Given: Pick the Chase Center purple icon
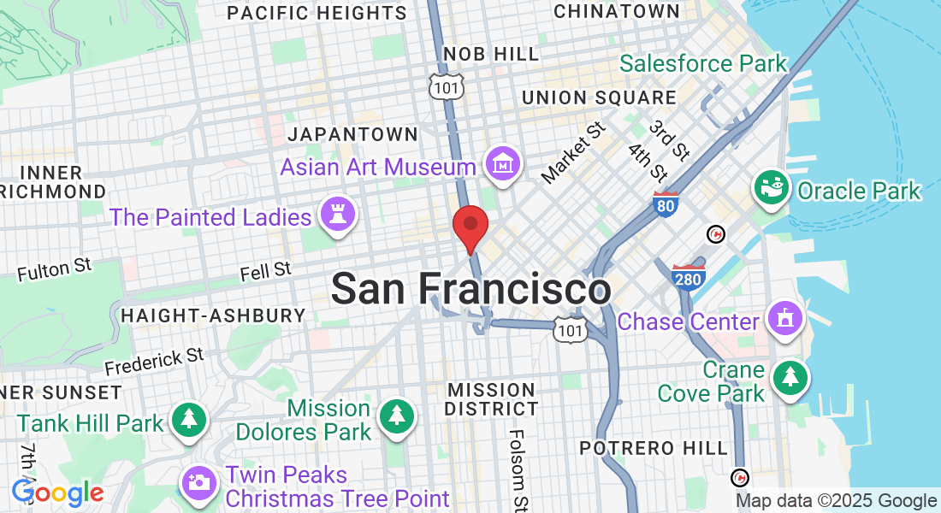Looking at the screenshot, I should (x=784, y=321).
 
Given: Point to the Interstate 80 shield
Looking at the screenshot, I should (x=666, y=204).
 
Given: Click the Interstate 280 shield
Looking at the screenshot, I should (x=689, y=278).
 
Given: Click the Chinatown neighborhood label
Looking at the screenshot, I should (x=616, y=11).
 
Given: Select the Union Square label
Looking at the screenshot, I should (x=599, y=97).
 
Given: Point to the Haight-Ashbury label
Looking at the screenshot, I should (x=213, y=315).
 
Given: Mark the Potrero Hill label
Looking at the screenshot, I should (x=654, y=448).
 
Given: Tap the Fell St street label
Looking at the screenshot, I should (x=265, y=272).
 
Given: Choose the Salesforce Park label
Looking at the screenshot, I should (x=702, y=64).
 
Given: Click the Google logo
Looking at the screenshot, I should (x=57, y=492).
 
